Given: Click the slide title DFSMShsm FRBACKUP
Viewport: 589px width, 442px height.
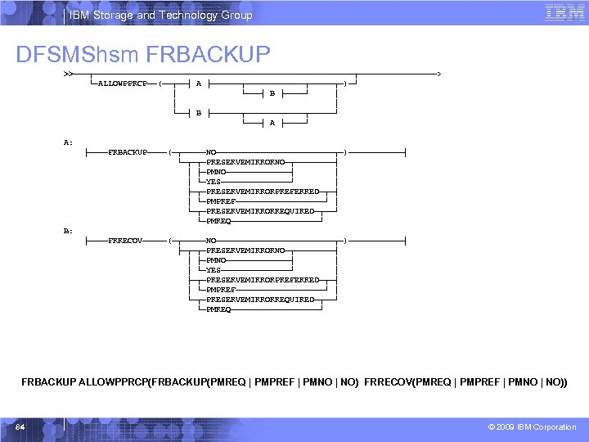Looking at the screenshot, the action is [x=143, y=54].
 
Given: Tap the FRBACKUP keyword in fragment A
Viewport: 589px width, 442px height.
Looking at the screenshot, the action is [x=128, y=152].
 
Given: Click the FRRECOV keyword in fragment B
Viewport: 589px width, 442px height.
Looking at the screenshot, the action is [x=125, y=241].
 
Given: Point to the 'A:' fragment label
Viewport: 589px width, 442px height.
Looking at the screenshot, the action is [x=69, y=142].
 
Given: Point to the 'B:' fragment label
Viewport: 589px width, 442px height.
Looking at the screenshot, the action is [x=69, y=231].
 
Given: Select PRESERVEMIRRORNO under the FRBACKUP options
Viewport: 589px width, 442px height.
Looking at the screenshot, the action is [x=245, y=162].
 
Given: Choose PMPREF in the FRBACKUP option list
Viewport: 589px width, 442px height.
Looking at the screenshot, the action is [x=221, y=201].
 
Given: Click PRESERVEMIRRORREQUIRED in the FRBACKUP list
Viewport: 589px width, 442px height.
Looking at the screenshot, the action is [x=260, y=211].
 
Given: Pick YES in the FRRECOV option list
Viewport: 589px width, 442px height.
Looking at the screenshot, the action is [x=214, y=270].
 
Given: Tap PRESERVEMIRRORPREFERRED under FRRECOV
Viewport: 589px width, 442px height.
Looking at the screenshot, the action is [x=263, y=280].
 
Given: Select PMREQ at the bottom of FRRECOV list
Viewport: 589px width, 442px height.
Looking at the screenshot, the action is [x=218, y=309].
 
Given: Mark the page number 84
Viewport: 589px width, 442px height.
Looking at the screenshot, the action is [x=20, y=427].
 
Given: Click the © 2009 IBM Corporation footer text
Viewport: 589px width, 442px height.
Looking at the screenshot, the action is [x=532, y=427].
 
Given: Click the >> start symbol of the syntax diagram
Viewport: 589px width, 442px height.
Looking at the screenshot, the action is [x=67, y=74].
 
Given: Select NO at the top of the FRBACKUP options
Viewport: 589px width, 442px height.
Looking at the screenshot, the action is [x=211, y=152].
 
